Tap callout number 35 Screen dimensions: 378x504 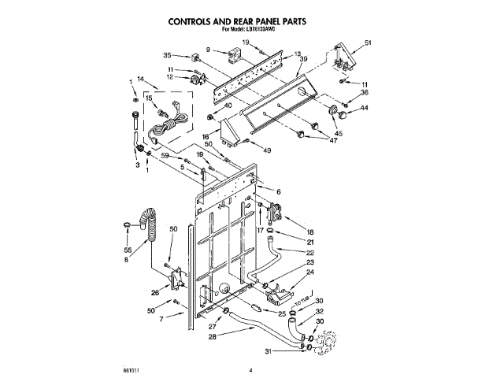[x=167, y=55]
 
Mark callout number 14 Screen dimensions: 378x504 [x=141, y=79]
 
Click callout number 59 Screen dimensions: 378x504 [x=165, y=156]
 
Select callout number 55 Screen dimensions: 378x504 [x=127, y=248]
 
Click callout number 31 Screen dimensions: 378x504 [x=268, y=351]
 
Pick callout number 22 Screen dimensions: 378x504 [x=310, y=252]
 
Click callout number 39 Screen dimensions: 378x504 [x=303, y=69]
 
